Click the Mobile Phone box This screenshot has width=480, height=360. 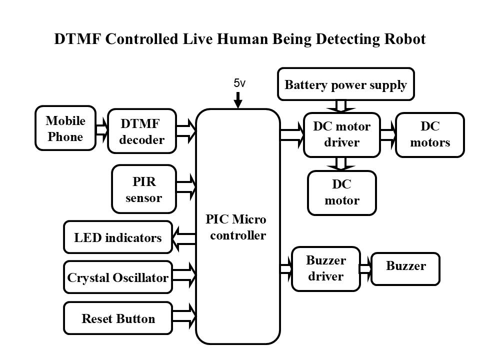coord(65,128)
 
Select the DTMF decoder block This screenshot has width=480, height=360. coord(142,131)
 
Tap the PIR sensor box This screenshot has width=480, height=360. coord(144,189)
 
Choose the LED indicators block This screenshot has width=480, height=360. coord(118,237)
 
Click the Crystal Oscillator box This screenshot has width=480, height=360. coord(118,277)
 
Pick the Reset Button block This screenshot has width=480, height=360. coord(118,318)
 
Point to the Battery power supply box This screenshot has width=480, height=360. coord(346,84)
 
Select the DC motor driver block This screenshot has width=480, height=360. coord(342,135)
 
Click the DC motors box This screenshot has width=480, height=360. coord(430,135)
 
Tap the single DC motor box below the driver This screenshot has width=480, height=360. coord(342,193)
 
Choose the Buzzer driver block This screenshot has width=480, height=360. coord(326,269)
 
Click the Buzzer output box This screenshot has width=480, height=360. coord(405,269)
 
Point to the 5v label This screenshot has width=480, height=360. coord(239,83)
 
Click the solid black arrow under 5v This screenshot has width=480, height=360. coord(238,100)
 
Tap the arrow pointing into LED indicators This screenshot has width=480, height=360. coord(184,239)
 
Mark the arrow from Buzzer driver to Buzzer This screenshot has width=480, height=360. coord(366,269)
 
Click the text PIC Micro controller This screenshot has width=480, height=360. coord(236,227)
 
